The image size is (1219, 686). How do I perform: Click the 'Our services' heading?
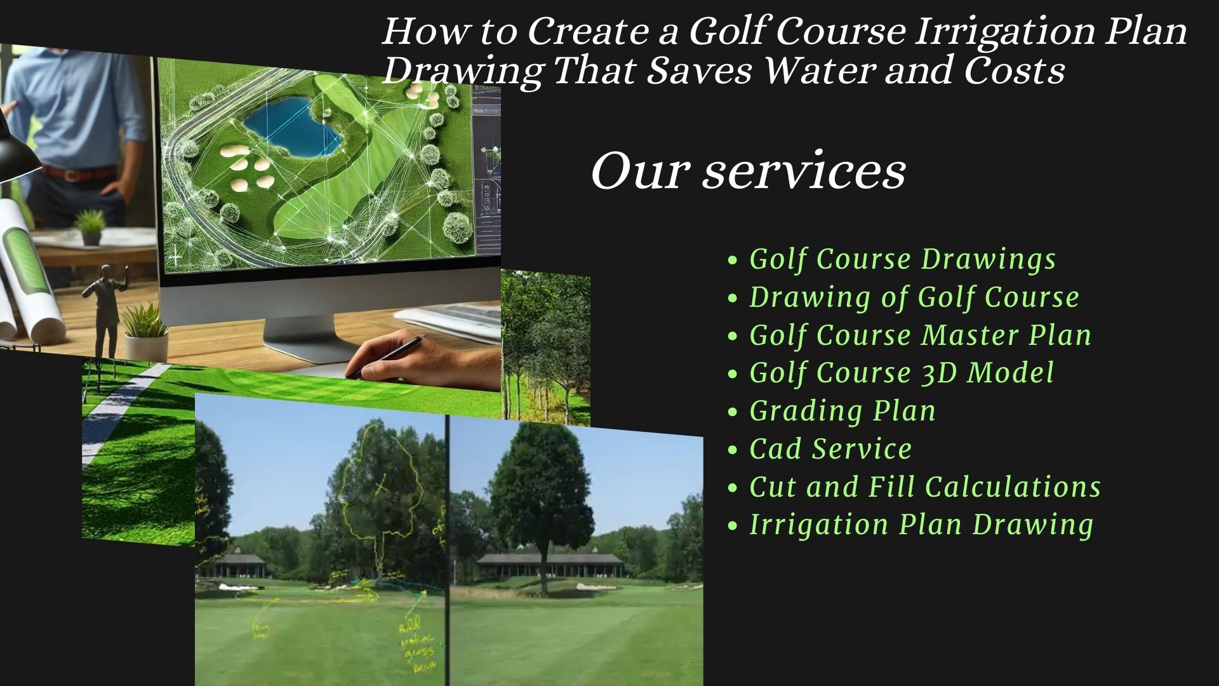point(748,171)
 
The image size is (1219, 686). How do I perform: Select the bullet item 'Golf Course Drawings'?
point(902,259)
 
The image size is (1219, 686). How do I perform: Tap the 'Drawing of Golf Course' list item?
point(914,297)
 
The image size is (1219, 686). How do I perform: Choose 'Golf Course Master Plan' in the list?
point(920,335)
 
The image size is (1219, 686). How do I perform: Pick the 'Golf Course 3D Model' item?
point(901,373)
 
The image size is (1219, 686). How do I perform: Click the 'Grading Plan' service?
point(843,411)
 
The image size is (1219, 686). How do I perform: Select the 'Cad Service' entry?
point(830,449)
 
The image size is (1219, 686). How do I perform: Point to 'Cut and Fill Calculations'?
point(924,487)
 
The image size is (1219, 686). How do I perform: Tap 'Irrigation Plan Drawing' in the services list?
point(921,525)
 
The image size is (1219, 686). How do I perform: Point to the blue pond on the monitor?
point(292,127)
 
